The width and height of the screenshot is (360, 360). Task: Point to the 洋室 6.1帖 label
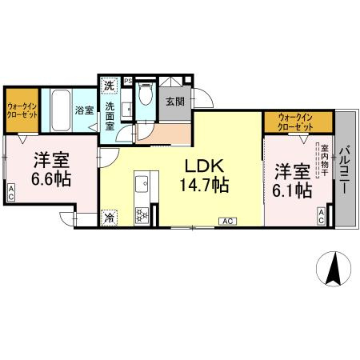coord(294,180)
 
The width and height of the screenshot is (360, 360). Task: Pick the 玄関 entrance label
coord(174,101)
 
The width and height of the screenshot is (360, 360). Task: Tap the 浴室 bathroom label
coord(83,110)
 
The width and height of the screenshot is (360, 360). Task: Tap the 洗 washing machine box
coord(108,84)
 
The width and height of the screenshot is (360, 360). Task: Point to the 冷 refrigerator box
coord(109,215)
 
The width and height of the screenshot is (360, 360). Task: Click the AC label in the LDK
coord(227,220)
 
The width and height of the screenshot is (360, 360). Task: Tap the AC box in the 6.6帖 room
coord(11,193)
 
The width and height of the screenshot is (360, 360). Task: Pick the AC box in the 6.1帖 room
coord(321,214)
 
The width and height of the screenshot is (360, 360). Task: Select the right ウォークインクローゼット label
coord(297,122)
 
